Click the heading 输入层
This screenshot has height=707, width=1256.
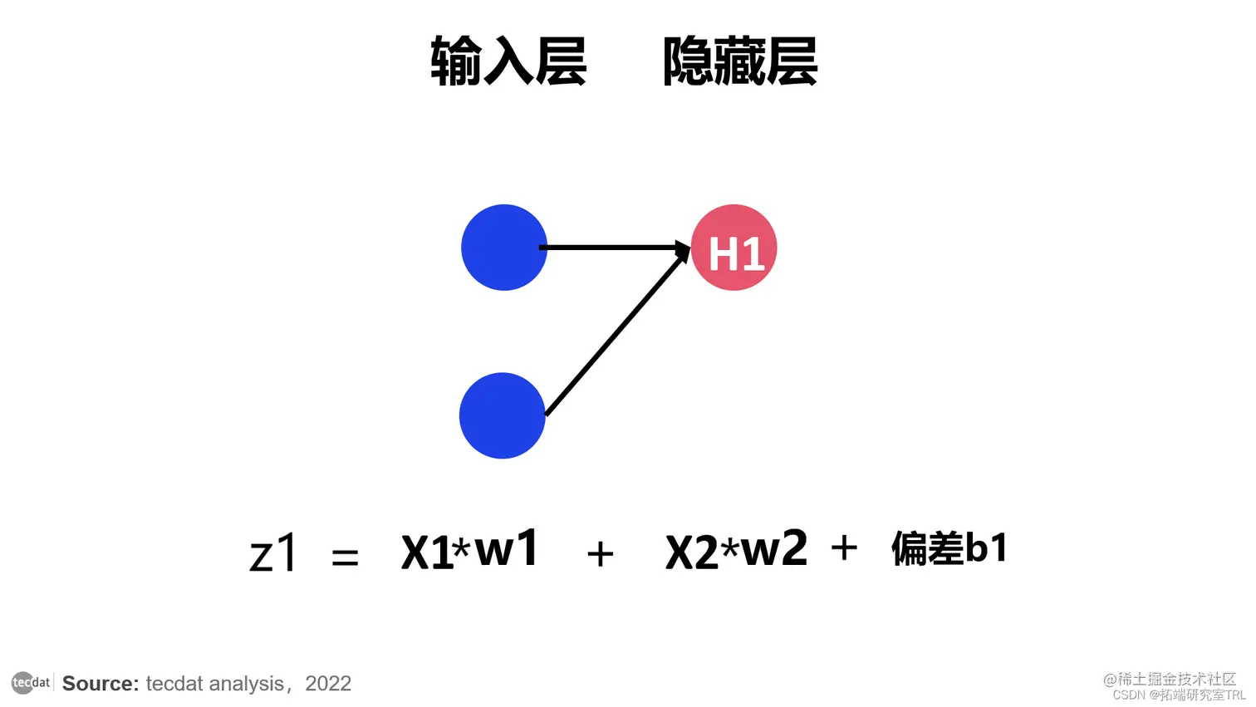508,61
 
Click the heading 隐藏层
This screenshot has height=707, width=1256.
740,61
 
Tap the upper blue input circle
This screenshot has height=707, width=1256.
504,248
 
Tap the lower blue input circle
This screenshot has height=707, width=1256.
503,415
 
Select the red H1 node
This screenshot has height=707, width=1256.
734,248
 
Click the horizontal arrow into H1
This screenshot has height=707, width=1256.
615,248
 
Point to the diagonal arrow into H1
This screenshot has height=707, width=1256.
617,330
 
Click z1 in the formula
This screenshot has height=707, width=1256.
272,552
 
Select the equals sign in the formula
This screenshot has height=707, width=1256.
345,557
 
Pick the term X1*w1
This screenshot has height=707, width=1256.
470,549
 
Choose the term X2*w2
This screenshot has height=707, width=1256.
736,549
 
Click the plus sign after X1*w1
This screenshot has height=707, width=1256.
601,554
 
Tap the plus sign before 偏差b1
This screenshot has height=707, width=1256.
845,547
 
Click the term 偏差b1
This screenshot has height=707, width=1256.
949,547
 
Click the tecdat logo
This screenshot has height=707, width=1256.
32,682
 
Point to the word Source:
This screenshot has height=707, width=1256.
101,684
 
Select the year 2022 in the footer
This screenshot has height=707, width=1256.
328,684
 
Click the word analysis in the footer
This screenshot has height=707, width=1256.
246,684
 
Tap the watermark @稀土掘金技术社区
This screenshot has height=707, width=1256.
1169,680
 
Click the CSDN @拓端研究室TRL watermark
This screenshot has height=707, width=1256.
1180,695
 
